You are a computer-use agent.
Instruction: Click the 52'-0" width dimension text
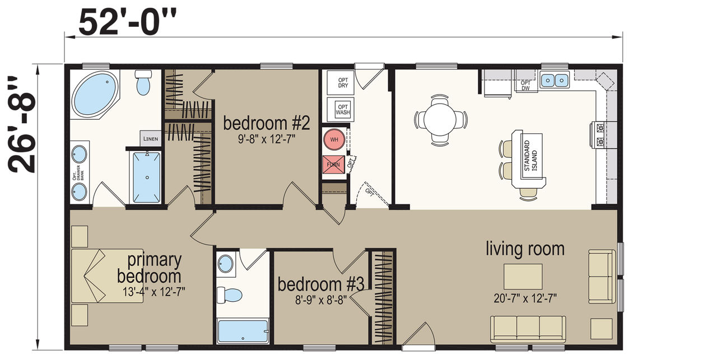coord(127,22)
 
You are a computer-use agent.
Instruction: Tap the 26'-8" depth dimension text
coord(22,124)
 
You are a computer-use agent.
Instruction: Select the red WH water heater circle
coord(334,139)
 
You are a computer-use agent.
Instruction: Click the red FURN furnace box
coord(333,165)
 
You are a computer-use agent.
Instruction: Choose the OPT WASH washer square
coord(340,109)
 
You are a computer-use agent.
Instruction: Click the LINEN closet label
coord(151,138)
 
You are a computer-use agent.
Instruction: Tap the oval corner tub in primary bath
coord(95,93)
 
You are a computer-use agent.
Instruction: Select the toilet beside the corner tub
coord(143,82)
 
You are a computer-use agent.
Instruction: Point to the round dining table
coord(440,120)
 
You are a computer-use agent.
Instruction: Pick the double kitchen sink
coord(555,80)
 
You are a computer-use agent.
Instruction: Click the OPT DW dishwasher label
coord(525,86)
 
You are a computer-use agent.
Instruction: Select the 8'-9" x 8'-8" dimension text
coord(321,300)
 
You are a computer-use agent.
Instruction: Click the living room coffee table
coord(523,277)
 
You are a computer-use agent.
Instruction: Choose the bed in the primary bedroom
coord(107,276)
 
